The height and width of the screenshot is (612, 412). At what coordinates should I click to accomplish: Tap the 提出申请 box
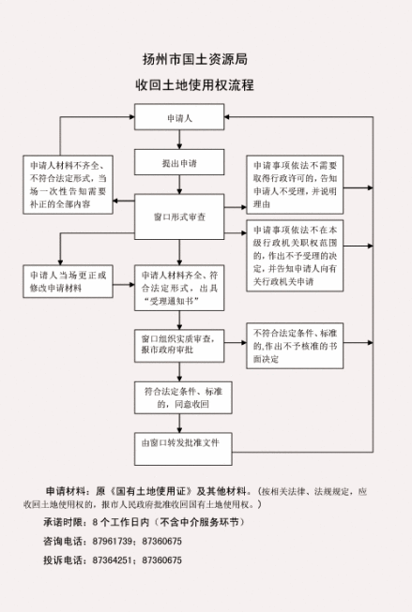178,163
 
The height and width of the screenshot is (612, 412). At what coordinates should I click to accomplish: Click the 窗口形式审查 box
178,216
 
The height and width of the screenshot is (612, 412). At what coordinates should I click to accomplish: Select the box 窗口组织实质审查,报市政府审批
178,343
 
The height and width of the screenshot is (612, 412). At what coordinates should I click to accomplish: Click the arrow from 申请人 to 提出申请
178,140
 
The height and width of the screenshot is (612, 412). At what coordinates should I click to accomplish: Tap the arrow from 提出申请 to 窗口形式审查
178,186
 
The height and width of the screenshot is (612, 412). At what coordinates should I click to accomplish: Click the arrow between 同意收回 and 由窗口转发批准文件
178,421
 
